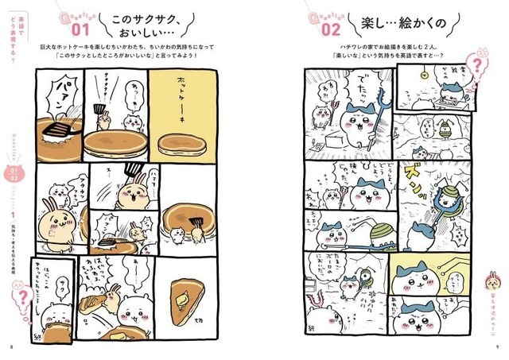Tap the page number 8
click(x=11, y=346)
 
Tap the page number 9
click(x=496, y=346)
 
